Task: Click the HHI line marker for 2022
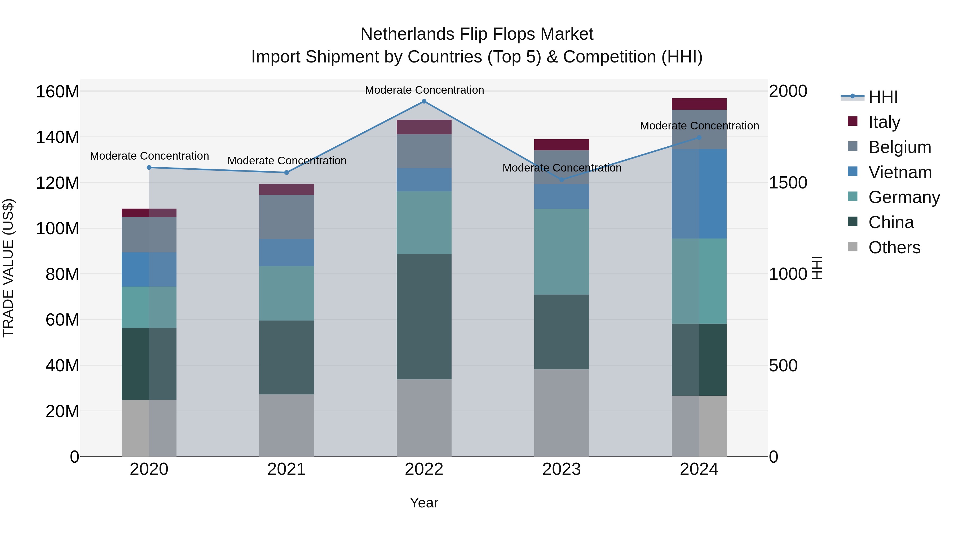[424, 101]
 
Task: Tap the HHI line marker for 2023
[562, 180]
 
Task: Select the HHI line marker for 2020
[149, 168]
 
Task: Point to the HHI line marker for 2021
[287, 172]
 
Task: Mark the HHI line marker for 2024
[699, 138]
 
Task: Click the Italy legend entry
[884, 122]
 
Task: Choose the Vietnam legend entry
[900, 172]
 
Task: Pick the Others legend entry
[894, 247]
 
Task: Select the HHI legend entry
[883, 97]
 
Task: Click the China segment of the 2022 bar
[424, 317]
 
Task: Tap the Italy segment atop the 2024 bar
[699, 104]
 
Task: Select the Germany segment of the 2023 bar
[562, 252]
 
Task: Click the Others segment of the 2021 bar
[287, 425]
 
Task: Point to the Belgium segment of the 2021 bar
[287, 217]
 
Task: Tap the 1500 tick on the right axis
[788, 183]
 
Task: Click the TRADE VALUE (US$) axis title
[8, 268]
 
